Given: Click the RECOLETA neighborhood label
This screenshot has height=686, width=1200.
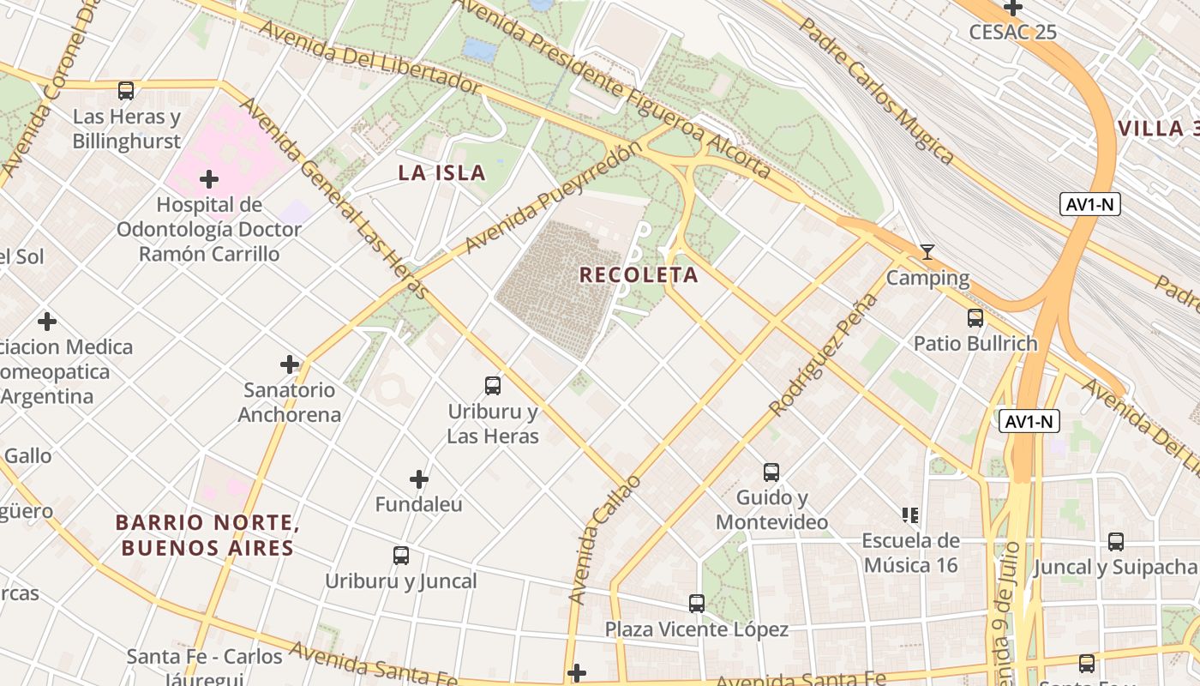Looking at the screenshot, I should pyautogui.click(x=639, y=275).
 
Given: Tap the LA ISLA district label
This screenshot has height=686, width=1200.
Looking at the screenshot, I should pyautogui.click(x=441, y=172).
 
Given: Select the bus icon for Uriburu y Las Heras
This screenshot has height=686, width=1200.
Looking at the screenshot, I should pyautogui.click(x=493, y=386).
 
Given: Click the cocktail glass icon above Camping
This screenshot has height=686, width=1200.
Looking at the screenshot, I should pyautogui.click(x=927, y=252).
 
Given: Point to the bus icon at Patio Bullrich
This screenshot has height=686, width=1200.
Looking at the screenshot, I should pyautogui.click(x=975, y=318).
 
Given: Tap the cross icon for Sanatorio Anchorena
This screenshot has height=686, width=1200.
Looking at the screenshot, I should pyautogui.click(x=290, y=364).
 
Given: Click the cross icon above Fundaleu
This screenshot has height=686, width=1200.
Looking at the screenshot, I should pyautogui.click(x=419, y=478).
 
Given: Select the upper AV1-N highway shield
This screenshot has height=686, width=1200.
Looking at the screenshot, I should pyautogui.click(x=1089, y=204).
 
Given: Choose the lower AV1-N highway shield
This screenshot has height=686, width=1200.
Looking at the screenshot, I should pyautogui.click(x=1029, y=421).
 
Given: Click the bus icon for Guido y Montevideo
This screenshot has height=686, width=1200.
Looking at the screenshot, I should pyautogui.click(x=771, y=472).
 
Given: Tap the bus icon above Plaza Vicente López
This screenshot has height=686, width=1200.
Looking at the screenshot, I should pyautogui.click(x=697, y=604).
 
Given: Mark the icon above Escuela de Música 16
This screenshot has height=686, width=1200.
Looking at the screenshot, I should pyautogui.click(x=910, y=515).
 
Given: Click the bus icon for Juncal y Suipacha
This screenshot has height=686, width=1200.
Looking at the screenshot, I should pyautogui.click(x=1116, y=542).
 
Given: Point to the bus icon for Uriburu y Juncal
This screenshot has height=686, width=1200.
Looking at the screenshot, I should pyautogui.click(x=401, y=556).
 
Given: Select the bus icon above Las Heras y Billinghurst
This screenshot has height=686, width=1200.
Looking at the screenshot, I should pyautogui.click(x=126, y=90).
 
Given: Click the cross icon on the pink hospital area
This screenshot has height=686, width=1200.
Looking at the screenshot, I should pyautogui.click(x=209, y=179).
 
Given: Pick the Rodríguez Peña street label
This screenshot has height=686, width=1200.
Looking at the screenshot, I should pyautogui.click(x=824, y=355).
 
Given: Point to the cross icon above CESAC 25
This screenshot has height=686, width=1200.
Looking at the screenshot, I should pyautogui.click(x=1013, y=8).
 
